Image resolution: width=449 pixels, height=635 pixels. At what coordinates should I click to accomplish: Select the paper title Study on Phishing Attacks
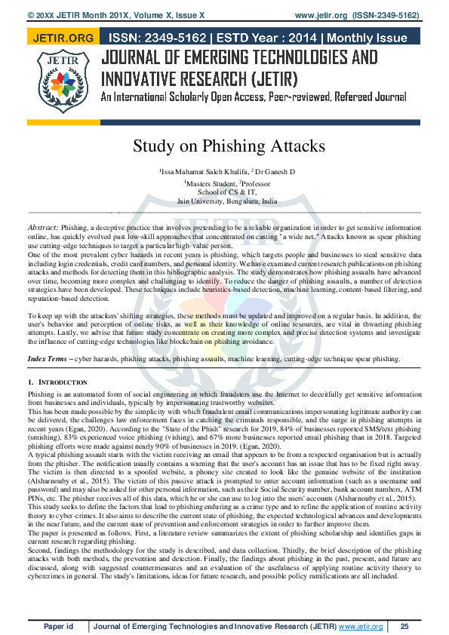tap(229, 146)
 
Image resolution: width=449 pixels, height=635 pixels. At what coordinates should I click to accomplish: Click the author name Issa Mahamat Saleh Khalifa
tap(203, 172)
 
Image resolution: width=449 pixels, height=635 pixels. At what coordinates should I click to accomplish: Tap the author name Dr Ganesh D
tap(275, 172)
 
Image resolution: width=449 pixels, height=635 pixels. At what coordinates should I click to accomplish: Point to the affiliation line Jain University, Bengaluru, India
tap(227, 201)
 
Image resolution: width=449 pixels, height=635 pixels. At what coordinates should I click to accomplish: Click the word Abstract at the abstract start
tap(42, 227)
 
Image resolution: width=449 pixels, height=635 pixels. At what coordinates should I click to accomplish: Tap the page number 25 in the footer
tap(404, 626)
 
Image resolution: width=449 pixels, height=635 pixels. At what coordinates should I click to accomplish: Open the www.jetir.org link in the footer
tap(361, 626)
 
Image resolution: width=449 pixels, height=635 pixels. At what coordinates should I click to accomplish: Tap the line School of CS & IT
tap(227, 192)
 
